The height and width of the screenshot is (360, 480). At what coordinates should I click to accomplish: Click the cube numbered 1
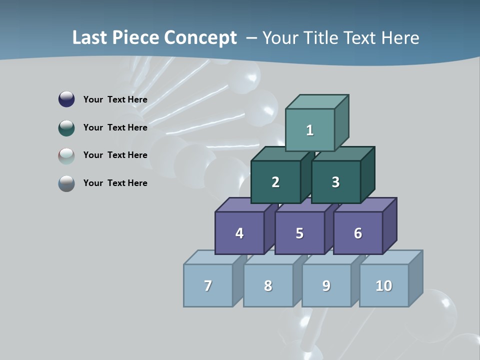310,130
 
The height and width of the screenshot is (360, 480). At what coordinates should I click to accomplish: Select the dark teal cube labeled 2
275,182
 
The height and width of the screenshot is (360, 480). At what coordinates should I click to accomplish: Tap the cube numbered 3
335,182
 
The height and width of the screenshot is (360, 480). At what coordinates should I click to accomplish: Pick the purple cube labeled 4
239,233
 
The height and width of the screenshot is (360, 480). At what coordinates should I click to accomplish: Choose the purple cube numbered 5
299,233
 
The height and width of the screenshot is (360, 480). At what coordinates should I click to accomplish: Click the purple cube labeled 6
358,233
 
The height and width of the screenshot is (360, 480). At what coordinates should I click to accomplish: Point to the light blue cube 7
208,285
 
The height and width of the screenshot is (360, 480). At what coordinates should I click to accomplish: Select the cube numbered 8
268,285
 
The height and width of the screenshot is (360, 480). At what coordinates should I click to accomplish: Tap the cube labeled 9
326,285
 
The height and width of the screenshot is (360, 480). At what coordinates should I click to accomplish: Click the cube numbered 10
384,285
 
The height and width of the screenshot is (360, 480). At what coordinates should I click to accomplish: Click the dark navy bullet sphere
66,99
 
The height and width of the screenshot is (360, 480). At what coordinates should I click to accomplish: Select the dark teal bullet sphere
66,127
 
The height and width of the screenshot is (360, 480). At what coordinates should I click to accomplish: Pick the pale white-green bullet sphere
66,155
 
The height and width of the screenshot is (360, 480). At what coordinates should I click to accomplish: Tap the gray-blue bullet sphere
66,183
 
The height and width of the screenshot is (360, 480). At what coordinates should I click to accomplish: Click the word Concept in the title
200,38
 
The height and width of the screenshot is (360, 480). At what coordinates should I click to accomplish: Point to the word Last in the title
90,38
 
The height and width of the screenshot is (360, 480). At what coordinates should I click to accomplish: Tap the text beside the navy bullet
115,99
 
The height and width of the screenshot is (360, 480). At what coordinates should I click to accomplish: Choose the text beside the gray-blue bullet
115,183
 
